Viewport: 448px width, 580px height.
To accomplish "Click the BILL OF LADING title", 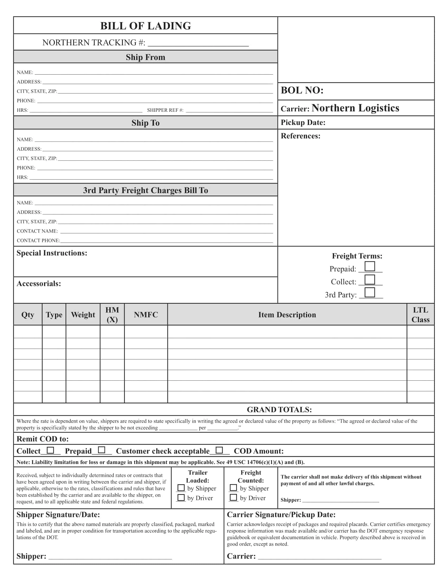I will tap(145, 26).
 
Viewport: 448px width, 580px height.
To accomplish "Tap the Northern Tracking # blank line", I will tap(198, 43).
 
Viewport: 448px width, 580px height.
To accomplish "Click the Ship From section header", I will tap(145, 57).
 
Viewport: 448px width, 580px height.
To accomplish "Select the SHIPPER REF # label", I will tap(165, 110).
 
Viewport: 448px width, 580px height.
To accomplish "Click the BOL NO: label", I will tap(302, 90).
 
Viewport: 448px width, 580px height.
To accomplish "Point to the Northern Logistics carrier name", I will tap(355, 108).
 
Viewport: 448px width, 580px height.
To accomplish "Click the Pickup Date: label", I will tap(303, 122).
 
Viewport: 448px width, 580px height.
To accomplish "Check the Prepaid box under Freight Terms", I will tap(370, 266).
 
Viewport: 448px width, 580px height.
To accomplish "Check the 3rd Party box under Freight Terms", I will tap(370, 292).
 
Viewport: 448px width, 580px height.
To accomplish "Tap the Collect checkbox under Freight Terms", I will tap(370, 279).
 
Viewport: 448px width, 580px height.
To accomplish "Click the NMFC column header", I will tap(146, 315).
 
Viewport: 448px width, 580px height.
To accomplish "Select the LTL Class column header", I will tap(420, 315).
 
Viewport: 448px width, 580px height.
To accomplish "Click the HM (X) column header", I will tap(112, 315).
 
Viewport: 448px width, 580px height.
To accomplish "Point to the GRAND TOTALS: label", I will tap(279, 409).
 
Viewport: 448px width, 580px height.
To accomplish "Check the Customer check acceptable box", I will tap(219, 450).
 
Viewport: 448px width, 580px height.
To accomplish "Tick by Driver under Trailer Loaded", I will tap(181, 497).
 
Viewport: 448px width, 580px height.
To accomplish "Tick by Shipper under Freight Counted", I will tap(233, 488).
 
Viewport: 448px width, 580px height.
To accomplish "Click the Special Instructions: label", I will tap(52, 253).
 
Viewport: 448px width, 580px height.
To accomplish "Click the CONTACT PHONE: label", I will tap(38, 241).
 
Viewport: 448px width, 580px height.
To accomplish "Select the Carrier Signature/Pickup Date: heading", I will tap(281, 515).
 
